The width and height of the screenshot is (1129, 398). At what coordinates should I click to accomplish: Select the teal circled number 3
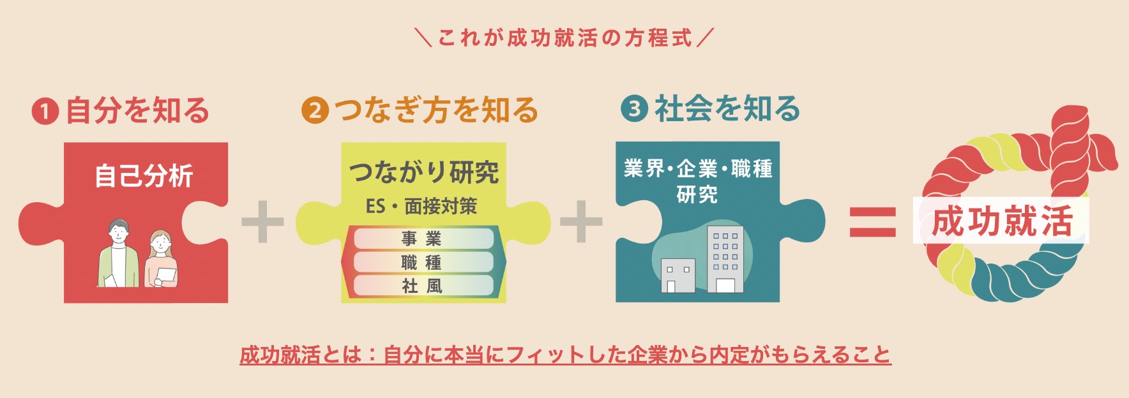(x=634, y=109)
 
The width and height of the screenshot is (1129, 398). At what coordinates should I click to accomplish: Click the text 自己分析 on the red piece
(x=144, y=176)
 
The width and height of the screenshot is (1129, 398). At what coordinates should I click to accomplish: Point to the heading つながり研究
(x=424, y=172)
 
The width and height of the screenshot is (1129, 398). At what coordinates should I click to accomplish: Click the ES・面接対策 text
(x=421, y=206)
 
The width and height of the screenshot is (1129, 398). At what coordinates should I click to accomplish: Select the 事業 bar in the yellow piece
(x=423, y=239)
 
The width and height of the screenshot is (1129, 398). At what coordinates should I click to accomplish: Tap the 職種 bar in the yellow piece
(x=423, y=262)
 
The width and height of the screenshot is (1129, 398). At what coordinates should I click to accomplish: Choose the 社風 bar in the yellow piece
(x=423, y=286)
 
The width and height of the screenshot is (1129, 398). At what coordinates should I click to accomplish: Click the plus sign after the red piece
(x=262, y=221)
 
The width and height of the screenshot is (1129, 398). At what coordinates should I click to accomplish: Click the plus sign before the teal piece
(x=581, y=221)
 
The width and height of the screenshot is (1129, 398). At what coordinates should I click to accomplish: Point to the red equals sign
(x=872, y=222)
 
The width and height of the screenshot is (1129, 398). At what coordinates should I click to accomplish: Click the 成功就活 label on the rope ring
(x=1001, y=221)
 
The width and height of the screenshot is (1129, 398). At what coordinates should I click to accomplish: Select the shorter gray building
(x=678, y=275)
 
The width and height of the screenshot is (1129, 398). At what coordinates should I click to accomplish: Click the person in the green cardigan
(x=118, y=255)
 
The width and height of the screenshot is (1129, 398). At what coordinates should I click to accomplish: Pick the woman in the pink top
(x=161, y=260)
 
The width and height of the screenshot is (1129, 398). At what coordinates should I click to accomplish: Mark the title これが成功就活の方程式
(x=564, y=38)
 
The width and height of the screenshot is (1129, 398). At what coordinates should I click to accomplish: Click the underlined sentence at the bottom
(x=564, y=355)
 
